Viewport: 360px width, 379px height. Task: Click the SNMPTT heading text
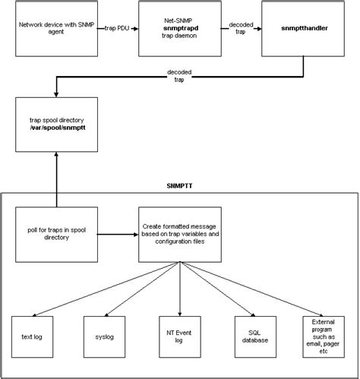(179, 185)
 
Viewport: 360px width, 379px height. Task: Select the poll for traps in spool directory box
(57, 232)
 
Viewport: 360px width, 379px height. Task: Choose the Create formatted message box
(179, 232)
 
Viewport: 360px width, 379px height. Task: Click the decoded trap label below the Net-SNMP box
(180, 74)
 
